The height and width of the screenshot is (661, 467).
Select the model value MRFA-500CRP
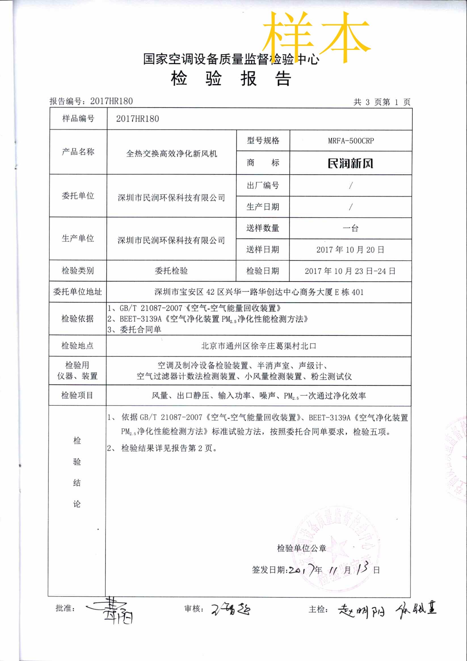tap(351, 141)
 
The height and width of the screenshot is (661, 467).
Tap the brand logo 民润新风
tap(350, 163)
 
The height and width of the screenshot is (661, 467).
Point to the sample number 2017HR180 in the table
tap(137, 118)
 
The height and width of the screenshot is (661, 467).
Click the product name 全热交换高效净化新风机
tap(171, 153)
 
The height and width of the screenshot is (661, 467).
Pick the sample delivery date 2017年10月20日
tap(350, 250)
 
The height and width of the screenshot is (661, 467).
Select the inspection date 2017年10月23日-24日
tap(350, 271)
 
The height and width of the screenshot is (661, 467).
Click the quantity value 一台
tap(350, 228)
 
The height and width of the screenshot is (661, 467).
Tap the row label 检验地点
tap(77, 346)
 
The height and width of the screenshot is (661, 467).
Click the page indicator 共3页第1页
tap(381, 102)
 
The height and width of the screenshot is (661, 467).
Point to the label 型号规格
tap(263, 141)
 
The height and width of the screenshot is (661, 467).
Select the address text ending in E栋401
tap(259, 292)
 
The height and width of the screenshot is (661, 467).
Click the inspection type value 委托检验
tap(171, 271)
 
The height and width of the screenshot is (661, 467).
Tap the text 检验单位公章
tap(301, 548)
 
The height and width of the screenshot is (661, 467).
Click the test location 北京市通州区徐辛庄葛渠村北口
tap(259, 346)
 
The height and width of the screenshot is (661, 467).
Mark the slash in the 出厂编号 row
tap(350, 186)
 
